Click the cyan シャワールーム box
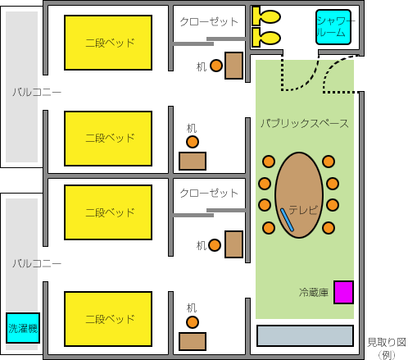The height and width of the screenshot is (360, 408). click(333, 27)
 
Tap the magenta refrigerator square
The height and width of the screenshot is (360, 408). click(344, 292)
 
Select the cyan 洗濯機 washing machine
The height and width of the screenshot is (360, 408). click(23, 328)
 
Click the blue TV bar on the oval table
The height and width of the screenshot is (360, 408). click(287, 220)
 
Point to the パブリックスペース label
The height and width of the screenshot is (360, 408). click(305, 123)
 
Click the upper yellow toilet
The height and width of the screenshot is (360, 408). click(266, 16)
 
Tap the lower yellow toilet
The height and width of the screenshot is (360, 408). click(266, 38)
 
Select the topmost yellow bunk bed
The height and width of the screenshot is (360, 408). click(108, 43)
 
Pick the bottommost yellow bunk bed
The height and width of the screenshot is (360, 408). click(108, 319)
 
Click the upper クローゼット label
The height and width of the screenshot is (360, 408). click(209, 21)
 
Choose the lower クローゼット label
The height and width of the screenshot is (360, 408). click(209, 193)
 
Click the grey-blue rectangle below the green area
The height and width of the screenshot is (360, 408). click(306, 335)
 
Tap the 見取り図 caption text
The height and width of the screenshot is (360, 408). click(387, 342)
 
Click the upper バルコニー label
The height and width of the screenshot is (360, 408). click(37, 92)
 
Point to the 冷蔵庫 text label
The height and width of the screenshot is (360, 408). click(314, 293)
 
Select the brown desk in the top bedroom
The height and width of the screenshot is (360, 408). click(233, 66)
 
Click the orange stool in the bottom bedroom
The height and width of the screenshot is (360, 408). click(193, 322)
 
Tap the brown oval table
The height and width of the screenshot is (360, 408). click(299, 195)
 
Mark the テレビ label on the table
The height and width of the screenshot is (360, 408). click(304, 210)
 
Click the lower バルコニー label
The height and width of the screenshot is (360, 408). click(37, 263)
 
